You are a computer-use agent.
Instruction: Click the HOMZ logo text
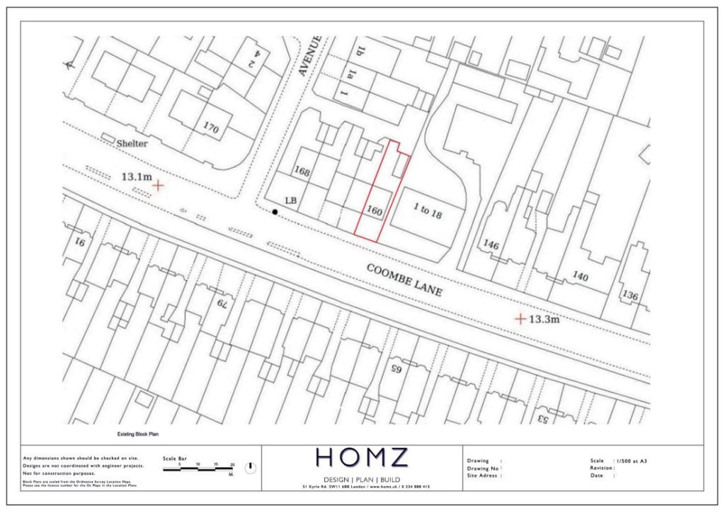[x=362, y=458]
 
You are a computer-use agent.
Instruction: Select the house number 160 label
[x=375, y=210]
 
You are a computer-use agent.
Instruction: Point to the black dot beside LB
[x=275, y=211]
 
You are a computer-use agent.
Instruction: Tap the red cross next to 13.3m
[x=520, y=319]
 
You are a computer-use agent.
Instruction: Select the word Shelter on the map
[x=132, y=143]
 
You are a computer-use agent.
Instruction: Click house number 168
[x=302, y=172]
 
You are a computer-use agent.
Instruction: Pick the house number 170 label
[x=210, y=129]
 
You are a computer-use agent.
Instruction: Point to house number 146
[x=491, y=245]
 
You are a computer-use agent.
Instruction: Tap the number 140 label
[x=580, y=276]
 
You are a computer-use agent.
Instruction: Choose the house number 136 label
[x=629, y=295]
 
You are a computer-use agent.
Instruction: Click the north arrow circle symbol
[x=250, y=468]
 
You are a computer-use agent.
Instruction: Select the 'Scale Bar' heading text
[x=174, y=458]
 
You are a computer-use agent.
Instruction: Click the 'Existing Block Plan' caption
[x=137, y=434]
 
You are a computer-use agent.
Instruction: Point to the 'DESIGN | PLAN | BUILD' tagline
[x=362, y=478]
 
